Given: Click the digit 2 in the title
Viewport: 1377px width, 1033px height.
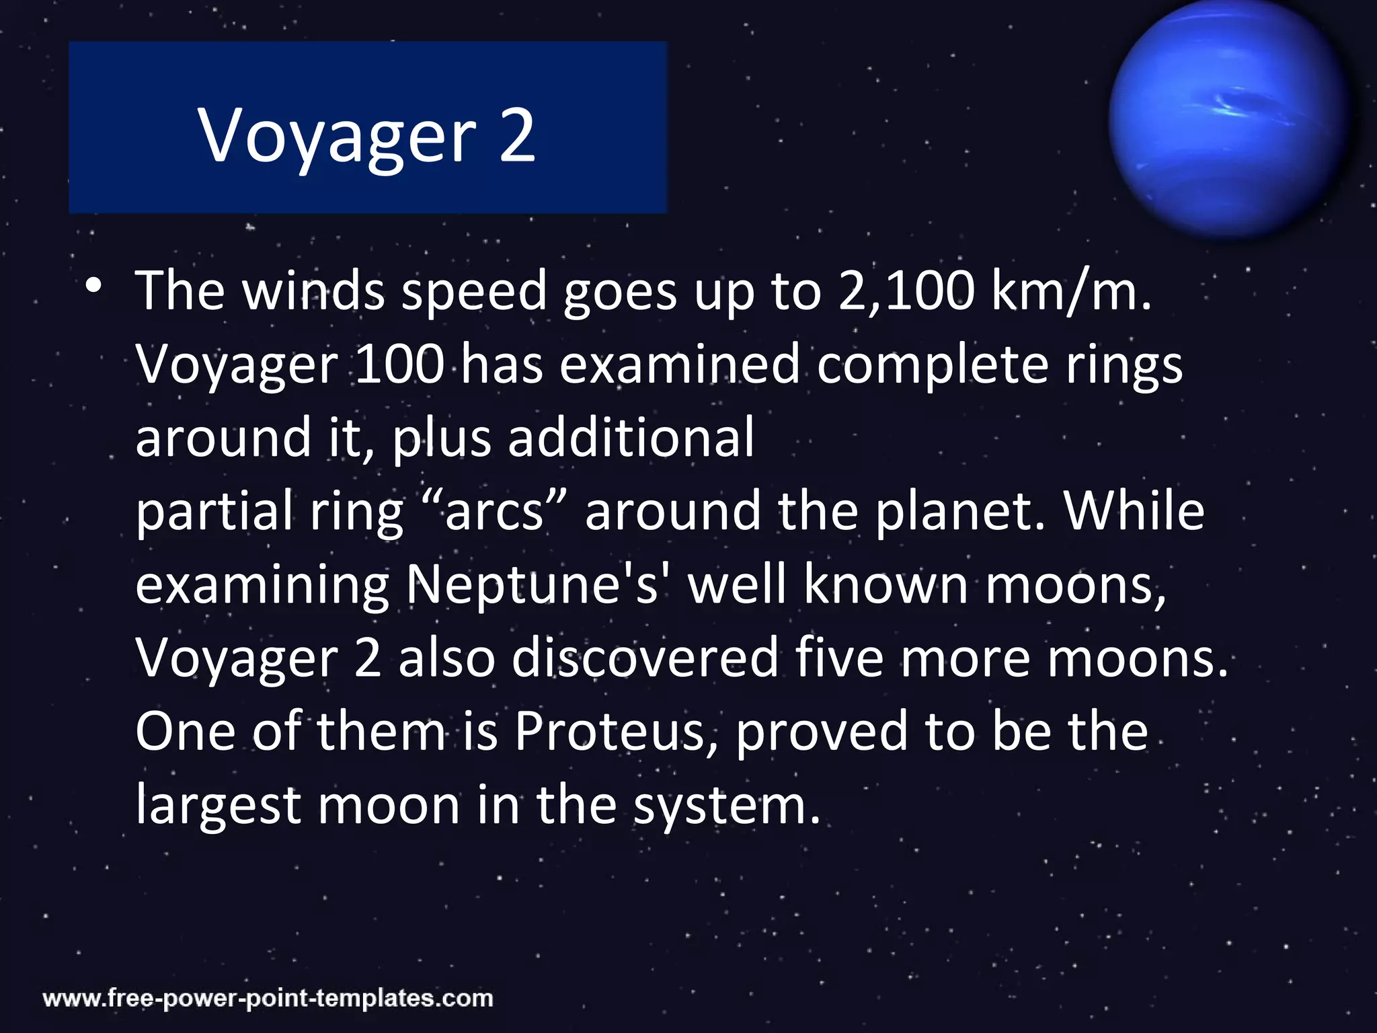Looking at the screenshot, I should click(516, 136).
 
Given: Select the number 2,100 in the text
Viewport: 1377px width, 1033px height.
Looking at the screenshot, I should click(906, 291).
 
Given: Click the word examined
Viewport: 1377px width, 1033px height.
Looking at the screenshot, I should click(679, 365).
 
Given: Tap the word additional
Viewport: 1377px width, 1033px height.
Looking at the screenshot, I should click(631, 438).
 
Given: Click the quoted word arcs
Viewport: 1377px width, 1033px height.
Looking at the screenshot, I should click(494, 511).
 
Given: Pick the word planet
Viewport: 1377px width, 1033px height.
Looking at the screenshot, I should click(959, 511).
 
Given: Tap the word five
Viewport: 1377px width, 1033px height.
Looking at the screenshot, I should click(839, 658).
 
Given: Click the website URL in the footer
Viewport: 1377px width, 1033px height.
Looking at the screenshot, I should click(268, 998).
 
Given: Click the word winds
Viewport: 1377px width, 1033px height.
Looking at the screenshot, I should click(313, 291).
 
